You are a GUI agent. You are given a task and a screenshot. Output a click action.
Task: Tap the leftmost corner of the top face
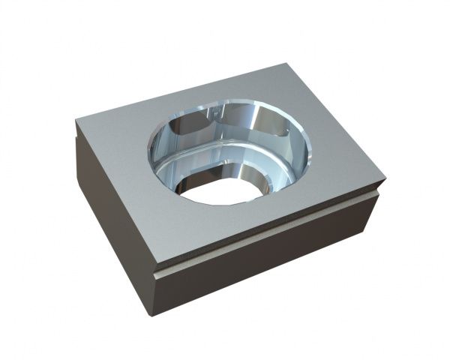(76, 120)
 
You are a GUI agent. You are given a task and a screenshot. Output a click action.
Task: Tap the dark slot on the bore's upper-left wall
(187, 124)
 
